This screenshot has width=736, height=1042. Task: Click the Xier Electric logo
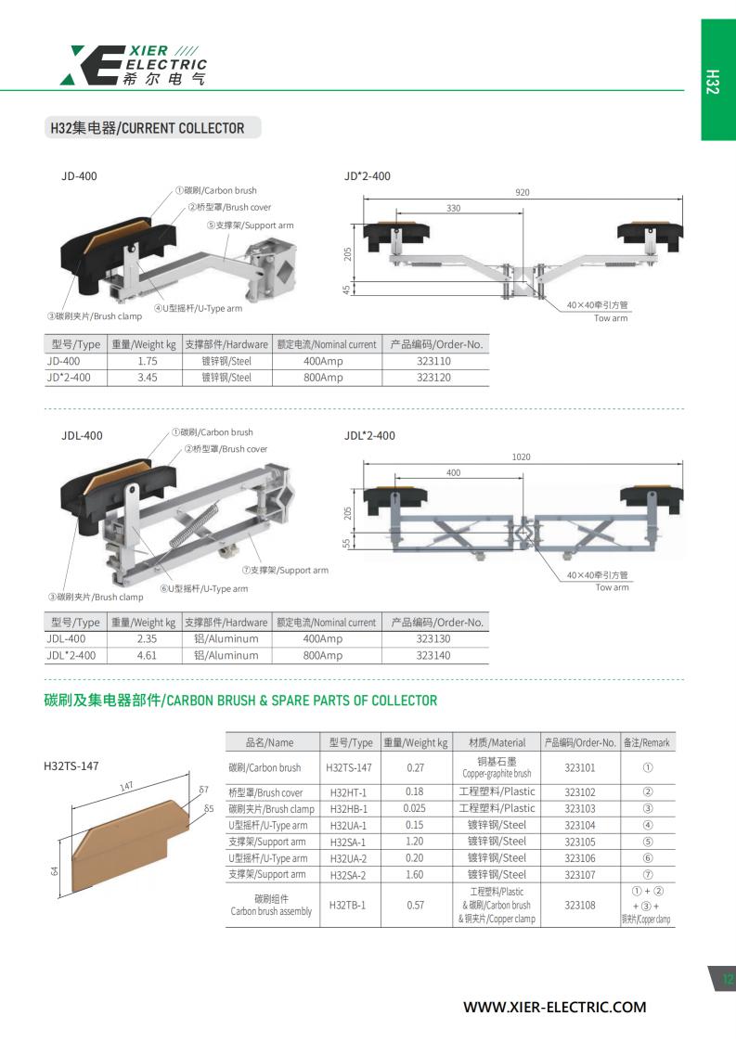pyautogui.click(x=133, y=65)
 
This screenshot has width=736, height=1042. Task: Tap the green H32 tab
pyautogui.click(x=718, y=80)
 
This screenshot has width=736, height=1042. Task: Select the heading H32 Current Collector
pyautogui.click(x=148, y=128)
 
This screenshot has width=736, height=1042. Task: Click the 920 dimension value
pyautogui.click(x=523, y=192)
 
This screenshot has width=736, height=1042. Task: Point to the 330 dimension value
pyautogui.click(x=454, y=208)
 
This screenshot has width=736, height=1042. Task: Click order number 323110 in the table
pyautogui.click(x=433, y=361)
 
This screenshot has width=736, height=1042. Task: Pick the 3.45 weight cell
pyautogui.click(x=147, y=378)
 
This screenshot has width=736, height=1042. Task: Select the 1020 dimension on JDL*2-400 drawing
pyautogui.click(x=522, y=457)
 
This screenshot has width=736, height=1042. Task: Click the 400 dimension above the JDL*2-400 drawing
pyautogui.click(x=454, y=472)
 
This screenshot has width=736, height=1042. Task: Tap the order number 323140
pyautogui.click(x=433, y=655)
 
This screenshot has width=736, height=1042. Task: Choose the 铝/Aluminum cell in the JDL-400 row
pyautogui.click(x=226, y=638)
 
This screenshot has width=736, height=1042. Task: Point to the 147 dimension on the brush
pyautogui.click(x=126, y=786)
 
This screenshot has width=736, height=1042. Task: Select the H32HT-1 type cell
pyautogui.click(x=348, y=792)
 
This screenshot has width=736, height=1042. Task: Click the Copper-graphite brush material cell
pyautogui.click(x=497, y=767)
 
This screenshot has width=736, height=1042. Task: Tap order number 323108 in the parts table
pyautogui.click(x=580, y=905)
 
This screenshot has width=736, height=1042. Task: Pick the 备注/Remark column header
pyautogui.click(x=646, y=742)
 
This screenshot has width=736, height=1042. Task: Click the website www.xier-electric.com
pyautogui.click(x=554, y=1007)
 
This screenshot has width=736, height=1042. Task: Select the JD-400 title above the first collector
pyautogui.click(x=79, y=176)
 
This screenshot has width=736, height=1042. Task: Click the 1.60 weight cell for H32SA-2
pyautogui.click(x=415, y=875)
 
